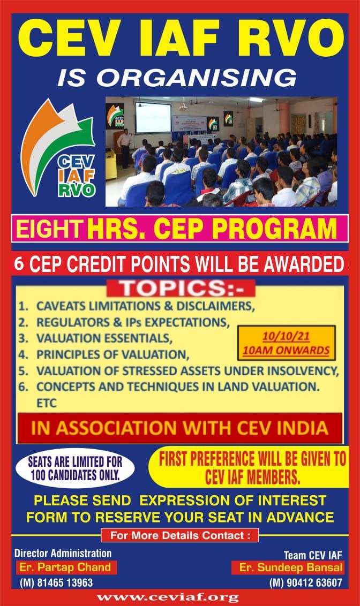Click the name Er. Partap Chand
click(x=65, y=567)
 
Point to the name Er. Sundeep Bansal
click(x=291, y=567)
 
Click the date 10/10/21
click(x=286, y=336)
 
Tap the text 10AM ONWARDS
click(x=286, y=351)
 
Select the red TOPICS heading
click(x=181, y=289)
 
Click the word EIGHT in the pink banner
click(x=48, y=229)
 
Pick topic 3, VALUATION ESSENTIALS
click(x=104, y=338)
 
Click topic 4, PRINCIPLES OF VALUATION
click(x=113, y=354)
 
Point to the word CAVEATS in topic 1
click(x=61, y=306)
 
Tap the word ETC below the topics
click(x=47, y=403)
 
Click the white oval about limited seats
click(x=75, y=468)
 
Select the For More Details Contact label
click(x=180, y=536)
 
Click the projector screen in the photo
click(x=153, y=117)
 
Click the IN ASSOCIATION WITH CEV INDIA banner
click(x=180, y=428)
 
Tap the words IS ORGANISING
click(x=177, y=78)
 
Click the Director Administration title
click(x=63, y=553)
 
